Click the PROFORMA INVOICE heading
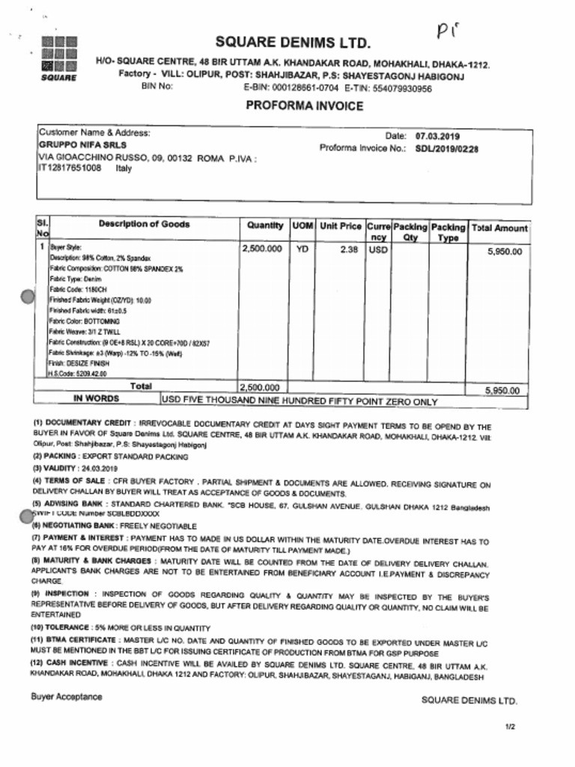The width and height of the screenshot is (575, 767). point(305,106)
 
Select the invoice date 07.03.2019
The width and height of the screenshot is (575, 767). point(438,136)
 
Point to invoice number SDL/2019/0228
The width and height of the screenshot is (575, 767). point(446,148)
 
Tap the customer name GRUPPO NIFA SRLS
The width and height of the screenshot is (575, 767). point(82,145)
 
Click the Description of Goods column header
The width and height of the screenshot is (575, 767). point(144,224)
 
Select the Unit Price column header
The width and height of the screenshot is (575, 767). point(341,226)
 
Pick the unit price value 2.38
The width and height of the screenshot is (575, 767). point(348,250)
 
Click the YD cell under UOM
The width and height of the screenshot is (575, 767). point(302,250)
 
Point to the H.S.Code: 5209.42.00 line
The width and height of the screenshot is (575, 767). point(78,372)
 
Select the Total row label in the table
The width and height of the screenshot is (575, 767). point(141,386)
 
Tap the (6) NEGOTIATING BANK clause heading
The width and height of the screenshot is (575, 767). point(73,527)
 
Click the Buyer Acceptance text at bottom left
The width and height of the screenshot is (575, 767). point(67,697)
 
